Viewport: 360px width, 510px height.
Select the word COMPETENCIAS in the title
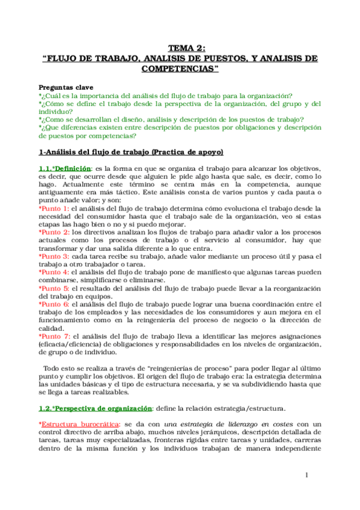[x=179, y=69]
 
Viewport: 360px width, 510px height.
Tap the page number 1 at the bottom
[x=306, y=475]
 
